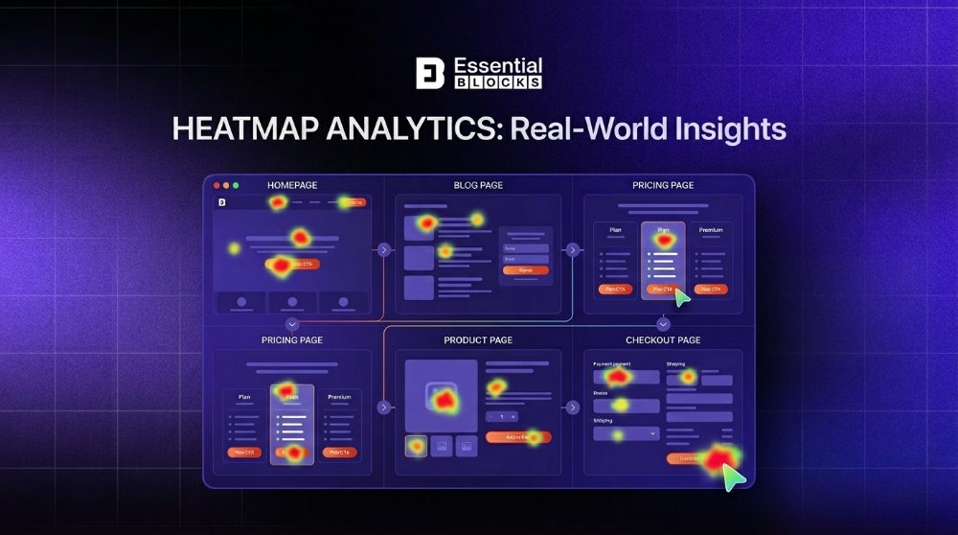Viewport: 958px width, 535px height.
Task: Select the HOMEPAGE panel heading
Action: pos(292,185)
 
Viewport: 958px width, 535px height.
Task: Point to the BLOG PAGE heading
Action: pos(478,185)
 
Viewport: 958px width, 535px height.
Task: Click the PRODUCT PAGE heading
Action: pos(478,340)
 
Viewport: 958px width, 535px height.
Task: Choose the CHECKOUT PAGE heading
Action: pos(663,340)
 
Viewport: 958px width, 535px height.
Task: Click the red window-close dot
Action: pos(217,185)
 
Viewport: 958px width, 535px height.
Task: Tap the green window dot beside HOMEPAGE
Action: pos(236,185)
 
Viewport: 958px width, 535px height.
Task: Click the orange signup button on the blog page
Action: pos(525,270)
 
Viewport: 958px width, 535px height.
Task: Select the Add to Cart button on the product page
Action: pos(517,437)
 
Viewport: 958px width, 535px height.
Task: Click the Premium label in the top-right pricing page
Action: pos(710,230)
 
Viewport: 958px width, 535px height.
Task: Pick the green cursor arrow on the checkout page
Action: pos(734,476)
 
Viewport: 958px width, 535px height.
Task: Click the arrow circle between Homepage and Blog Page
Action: pos(383,250)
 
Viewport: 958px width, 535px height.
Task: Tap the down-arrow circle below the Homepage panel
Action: pos(292,324)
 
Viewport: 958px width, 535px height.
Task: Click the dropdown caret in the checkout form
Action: pos(652,433)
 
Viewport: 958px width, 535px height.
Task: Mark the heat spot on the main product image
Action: pos(443,397)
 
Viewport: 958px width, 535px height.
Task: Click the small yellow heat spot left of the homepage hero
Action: pos(234,248)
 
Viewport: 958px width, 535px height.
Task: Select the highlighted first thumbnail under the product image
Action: pos(416,445)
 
